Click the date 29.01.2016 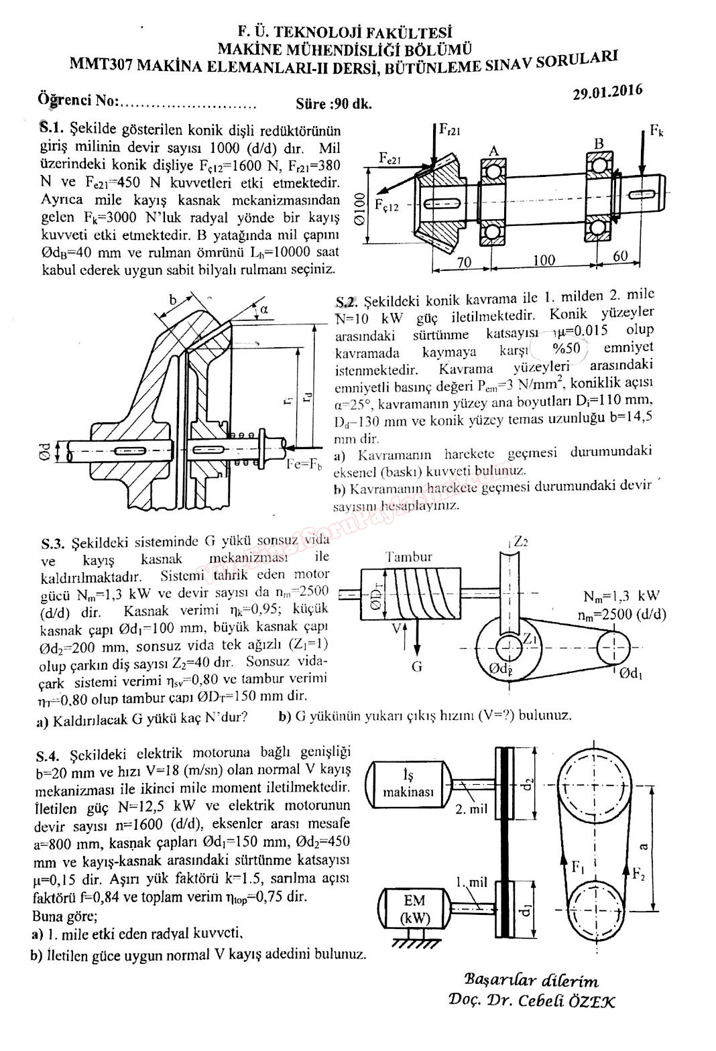point(607,91)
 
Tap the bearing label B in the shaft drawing point(599,143)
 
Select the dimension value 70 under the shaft point(463,262)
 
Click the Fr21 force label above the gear point(450,129)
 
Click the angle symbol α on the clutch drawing point(263,308)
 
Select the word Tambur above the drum point(409,556)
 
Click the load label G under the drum point(417,666)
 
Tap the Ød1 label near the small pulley point(632,674)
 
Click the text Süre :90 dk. point(333,104)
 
